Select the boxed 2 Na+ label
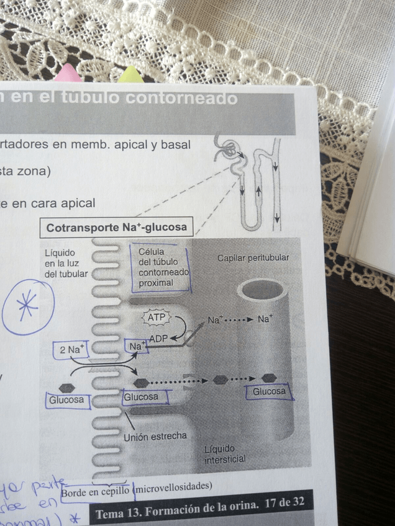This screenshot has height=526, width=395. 71,350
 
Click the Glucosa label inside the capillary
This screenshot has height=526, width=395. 269,392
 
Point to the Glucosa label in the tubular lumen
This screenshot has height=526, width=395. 66,400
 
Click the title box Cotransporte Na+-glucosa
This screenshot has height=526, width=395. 116,228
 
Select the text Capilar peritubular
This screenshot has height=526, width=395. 253,257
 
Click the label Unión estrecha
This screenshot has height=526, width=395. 155,437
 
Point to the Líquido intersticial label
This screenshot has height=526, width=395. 225,454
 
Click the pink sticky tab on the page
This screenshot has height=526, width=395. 68,74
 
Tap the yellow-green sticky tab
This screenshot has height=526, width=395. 130,76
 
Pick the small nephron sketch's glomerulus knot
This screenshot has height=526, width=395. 229,148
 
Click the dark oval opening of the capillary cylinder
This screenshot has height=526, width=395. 263,290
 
